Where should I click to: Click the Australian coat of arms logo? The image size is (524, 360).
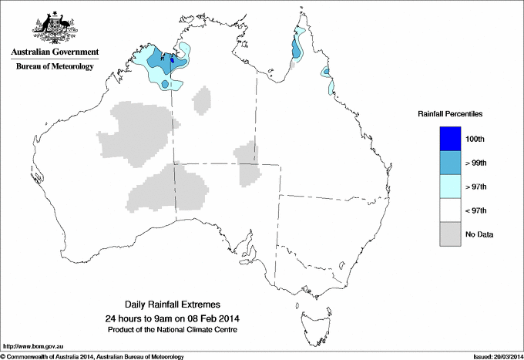[55, 28]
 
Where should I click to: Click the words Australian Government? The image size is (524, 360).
[55, 52]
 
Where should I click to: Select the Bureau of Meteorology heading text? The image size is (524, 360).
[55, 66]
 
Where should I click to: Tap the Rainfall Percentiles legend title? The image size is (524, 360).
[450, 113]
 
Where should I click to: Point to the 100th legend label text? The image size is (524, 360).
[475, 139]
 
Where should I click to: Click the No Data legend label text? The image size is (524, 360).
[479, 234]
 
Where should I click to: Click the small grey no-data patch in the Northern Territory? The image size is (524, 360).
[203, 100]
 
